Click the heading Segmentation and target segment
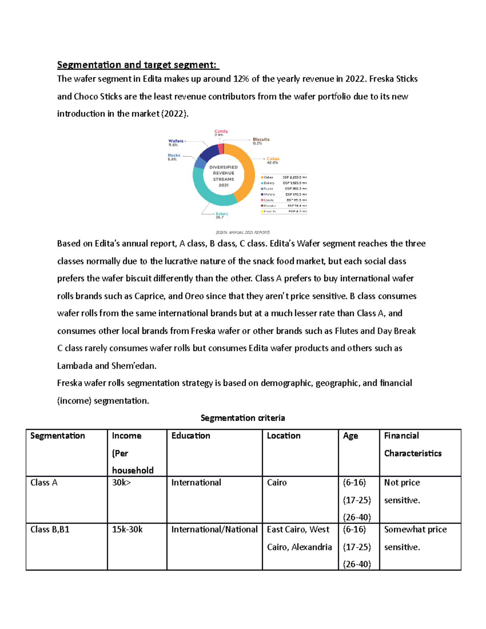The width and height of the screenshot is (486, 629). click(137, 65)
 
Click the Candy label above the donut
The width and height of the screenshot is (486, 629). click(221, 132)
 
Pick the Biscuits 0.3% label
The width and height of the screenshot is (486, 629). click(261, 141)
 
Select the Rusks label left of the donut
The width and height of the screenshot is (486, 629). click(174, 157)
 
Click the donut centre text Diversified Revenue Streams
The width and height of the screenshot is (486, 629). click(224, 176)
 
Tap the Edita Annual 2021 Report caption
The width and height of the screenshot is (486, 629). click(243, 232)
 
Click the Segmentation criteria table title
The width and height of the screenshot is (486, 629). click(243, 418)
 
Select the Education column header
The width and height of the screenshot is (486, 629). click(191, 436)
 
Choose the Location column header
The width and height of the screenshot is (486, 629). click(283, 436)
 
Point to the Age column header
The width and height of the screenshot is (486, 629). click(350, 436)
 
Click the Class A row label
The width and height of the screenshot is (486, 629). click(44, 483)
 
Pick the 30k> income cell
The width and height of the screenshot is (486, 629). click(121, 483)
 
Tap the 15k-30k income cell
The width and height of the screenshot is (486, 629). click(127, 530)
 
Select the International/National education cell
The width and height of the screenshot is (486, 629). click(214, 530)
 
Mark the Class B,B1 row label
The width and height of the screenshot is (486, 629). click(50, 530)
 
